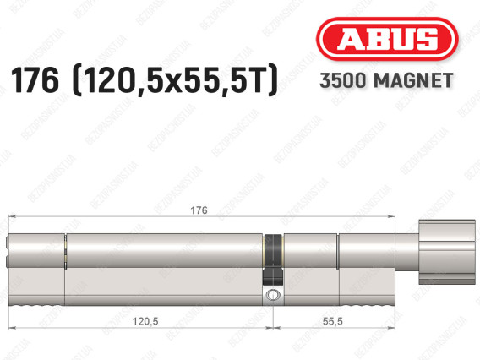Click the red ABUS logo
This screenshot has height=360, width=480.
[x=387, y=39]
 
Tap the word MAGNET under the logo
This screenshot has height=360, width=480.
[x=413, y=80]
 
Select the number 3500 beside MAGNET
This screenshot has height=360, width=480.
[x=343, y=80]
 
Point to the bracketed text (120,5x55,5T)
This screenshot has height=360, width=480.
[x=175, y=80]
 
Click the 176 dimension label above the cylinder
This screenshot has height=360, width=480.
[x=199, y=210]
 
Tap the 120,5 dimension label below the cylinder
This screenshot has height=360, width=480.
[x=145, y=321]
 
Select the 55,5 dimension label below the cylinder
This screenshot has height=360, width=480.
[x=332, y=321]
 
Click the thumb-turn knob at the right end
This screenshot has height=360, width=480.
[x=447, y=252]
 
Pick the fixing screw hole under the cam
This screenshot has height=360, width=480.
[x=273, y=295]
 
